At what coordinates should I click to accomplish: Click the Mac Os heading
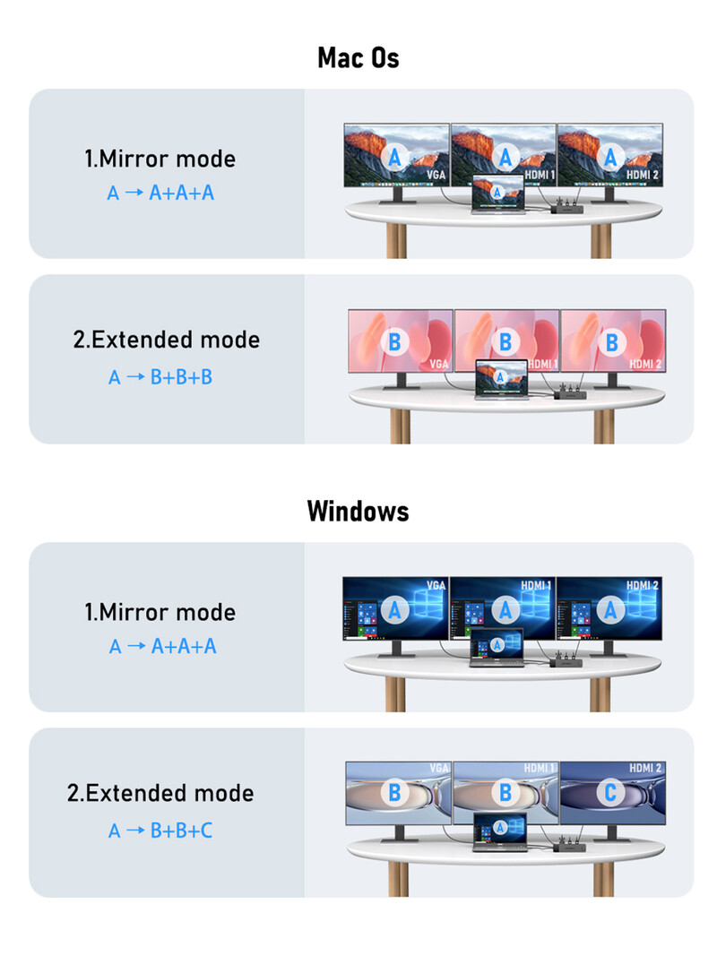click(x=358, y=58)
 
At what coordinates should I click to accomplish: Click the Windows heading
click(x=358, y=511)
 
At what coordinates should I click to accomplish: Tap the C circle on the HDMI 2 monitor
click(x=610, y=792)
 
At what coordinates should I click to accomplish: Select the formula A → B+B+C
click(x=161, y=831)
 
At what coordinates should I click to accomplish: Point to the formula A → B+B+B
click(x=161, y=377)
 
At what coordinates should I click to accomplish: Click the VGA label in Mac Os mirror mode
click(x=436, y=175)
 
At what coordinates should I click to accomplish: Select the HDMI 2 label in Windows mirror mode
click(x=643, y=585)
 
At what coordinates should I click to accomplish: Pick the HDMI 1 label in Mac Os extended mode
click(x=541, y=363)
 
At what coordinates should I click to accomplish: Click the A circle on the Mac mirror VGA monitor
click(x=397, y=157)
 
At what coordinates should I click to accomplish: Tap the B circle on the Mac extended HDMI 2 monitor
click(x=612, y=341)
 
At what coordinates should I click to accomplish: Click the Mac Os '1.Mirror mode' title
click(x=160, y=159)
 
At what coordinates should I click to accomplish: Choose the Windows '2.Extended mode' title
click(x=160, y=793)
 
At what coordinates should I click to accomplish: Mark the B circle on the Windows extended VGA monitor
click(x=395, y=792)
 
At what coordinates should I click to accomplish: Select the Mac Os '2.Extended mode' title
click(x=167, y=340)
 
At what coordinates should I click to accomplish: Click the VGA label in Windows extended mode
click(x=438, y=768)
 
